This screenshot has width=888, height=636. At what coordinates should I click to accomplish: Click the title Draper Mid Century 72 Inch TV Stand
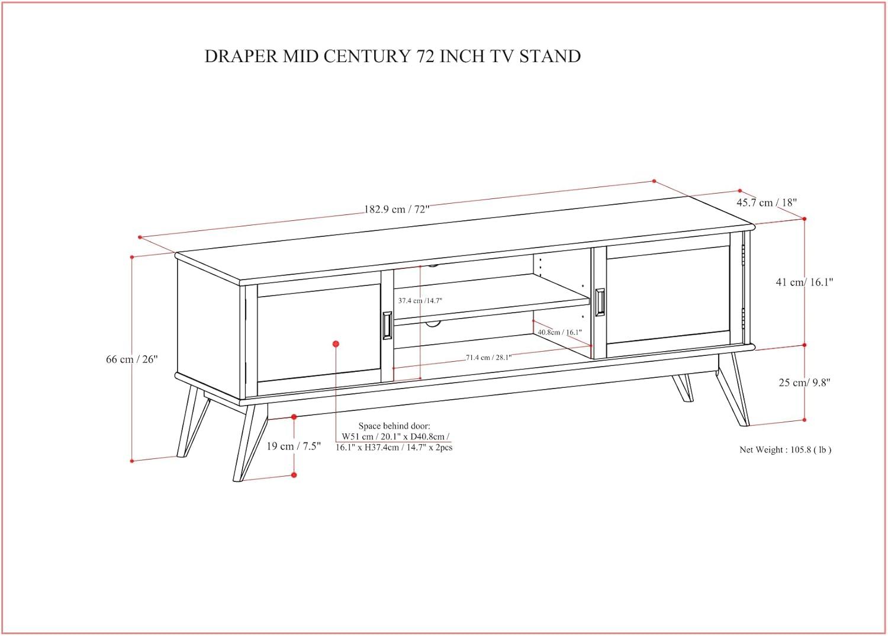click(x=392, y=56)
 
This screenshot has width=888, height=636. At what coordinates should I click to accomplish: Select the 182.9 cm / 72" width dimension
click(x=397, y=209)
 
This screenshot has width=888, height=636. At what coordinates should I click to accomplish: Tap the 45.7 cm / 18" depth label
click(x=767, y=203)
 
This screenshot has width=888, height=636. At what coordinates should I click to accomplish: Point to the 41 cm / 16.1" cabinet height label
click(x=805, y=282)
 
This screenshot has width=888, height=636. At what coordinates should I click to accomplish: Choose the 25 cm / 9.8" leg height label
click(x=805, y=383)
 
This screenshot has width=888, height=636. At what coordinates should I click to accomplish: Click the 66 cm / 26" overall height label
click(x=132, y=359)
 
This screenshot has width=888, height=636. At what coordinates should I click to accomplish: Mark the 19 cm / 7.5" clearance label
click(x=294, y=446)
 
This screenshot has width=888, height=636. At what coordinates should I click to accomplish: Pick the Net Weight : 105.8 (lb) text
click(x=785, y=449)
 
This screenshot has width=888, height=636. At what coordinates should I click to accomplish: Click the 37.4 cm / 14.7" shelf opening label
click(x=420, y=301)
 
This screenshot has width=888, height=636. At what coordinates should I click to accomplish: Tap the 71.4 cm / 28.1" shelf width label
click(x=488, y=357)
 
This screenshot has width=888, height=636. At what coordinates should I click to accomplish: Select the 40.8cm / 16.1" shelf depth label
click(x=559, y=332)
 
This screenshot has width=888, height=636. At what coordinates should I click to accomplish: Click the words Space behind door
click(x=394, y=426)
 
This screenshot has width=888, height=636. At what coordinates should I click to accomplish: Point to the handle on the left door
click(x=387, y=325)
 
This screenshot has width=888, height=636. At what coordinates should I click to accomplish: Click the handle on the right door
click(x=600, y=302)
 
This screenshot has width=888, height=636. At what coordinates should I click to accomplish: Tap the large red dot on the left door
click(x=336, y=343)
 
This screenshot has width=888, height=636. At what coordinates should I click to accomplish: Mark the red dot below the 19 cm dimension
click(x=294, y=475)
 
